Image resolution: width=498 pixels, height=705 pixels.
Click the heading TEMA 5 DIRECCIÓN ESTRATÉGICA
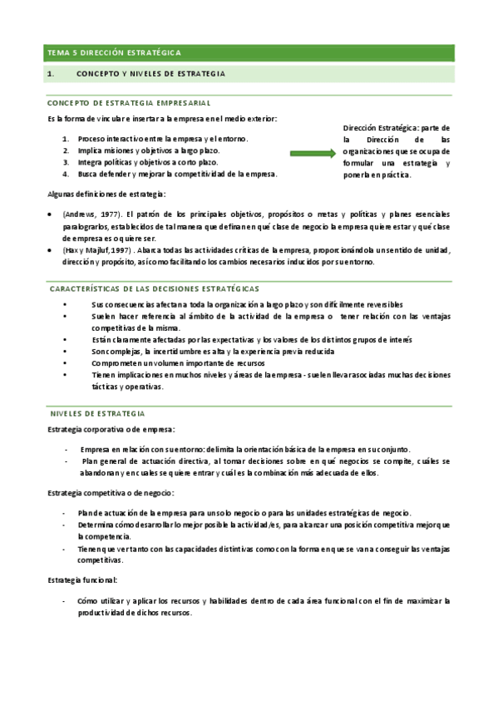click(114, 52)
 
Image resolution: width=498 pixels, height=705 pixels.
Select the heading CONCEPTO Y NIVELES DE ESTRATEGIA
click(150, 74)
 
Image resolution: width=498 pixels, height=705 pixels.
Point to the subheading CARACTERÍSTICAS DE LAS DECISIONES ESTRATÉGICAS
click(155, 288)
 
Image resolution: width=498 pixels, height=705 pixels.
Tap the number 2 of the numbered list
click(66, 150)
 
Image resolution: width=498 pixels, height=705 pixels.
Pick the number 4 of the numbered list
click(66, 174)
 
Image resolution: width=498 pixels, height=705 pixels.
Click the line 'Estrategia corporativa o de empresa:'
click(111, 429)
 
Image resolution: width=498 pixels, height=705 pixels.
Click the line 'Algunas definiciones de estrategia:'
click(106, 195)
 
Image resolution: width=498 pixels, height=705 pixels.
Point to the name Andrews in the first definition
click(79, 214)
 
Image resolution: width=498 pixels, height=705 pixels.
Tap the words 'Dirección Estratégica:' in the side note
click(381, 129)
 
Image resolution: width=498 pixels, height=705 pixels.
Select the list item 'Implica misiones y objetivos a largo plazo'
click(148, 150)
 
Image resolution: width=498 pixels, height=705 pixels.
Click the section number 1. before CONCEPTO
click(51, 74)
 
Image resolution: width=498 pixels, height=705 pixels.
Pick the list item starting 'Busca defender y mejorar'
click(177, 174)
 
